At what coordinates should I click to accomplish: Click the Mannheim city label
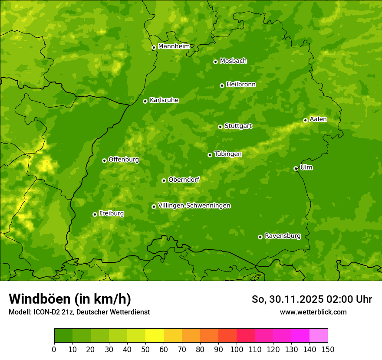174,46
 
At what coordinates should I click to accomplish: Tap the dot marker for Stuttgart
220,127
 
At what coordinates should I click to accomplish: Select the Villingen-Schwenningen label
194,206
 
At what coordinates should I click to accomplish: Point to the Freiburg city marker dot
95,214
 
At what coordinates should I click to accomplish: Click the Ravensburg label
282,236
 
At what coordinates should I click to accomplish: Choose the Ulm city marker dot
296,168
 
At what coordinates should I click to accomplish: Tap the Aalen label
318,119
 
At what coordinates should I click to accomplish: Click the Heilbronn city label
241,85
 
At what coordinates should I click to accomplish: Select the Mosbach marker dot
215,62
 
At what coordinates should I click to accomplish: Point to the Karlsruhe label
164,100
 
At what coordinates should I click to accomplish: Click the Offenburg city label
124,160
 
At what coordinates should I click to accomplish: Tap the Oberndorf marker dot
164,180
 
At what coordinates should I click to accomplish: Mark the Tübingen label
228,154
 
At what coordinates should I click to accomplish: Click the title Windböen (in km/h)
69,299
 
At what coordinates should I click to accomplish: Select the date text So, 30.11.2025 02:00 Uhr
312,299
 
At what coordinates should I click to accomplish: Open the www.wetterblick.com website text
313,312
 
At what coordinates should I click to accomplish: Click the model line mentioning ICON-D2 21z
79,312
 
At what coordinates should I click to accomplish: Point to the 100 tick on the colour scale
237,349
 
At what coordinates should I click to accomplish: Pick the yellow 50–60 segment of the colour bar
155,336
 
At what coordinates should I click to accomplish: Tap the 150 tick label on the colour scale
328,349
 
